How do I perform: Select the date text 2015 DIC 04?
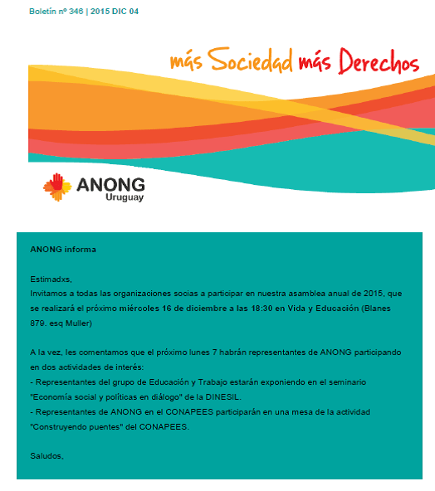click(x=116, y=11)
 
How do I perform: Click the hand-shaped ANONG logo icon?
click(x=57, y=187)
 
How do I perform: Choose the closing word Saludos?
click(x=46, y=456)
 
